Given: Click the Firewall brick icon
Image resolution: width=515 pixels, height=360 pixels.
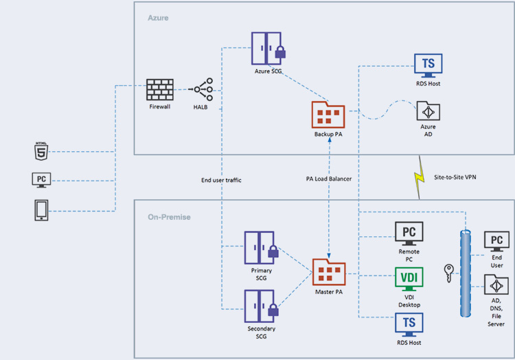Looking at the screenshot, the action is click(x=160, y=89).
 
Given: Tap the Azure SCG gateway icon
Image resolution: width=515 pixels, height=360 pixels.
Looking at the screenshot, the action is click(x=268, y=48).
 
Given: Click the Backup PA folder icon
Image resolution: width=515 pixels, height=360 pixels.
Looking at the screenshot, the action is click(x=328, y=115).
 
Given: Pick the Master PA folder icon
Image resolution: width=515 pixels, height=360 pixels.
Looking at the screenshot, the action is click(x=329, y=272).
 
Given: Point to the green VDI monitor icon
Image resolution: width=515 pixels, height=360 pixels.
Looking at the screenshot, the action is click(x=409, y=279).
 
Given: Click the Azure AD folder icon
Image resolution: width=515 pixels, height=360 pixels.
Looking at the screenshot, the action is click(x=428, y=111).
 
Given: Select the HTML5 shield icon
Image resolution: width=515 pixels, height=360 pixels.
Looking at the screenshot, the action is click(x=41, y=151).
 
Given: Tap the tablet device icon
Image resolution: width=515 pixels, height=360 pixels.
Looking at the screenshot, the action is click(x=41, y=210).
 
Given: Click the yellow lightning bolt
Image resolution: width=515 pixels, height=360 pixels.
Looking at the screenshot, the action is click(x=419, y=177).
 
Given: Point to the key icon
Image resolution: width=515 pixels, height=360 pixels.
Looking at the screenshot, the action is click(x=448, y=273).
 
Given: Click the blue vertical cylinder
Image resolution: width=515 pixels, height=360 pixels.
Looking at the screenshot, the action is click(x=466, y=273).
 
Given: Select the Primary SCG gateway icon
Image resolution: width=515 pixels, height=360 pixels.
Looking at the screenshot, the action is click(x=262, y=247).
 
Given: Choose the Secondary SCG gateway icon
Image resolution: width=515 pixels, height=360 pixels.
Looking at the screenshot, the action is click(x=262, y=306).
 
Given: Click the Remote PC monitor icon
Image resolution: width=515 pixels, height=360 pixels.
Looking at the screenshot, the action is click(x=409, y=234).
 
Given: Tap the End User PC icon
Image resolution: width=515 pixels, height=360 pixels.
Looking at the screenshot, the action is click(x=496, y=241).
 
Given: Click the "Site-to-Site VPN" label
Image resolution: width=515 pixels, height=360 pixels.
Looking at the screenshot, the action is click(x=455, y=177).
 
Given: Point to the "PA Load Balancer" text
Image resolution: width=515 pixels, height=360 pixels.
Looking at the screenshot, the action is click(x=329, y=179).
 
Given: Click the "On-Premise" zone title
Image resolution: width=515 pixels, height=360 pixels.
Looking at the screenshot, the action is click(x=169, y=217).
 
